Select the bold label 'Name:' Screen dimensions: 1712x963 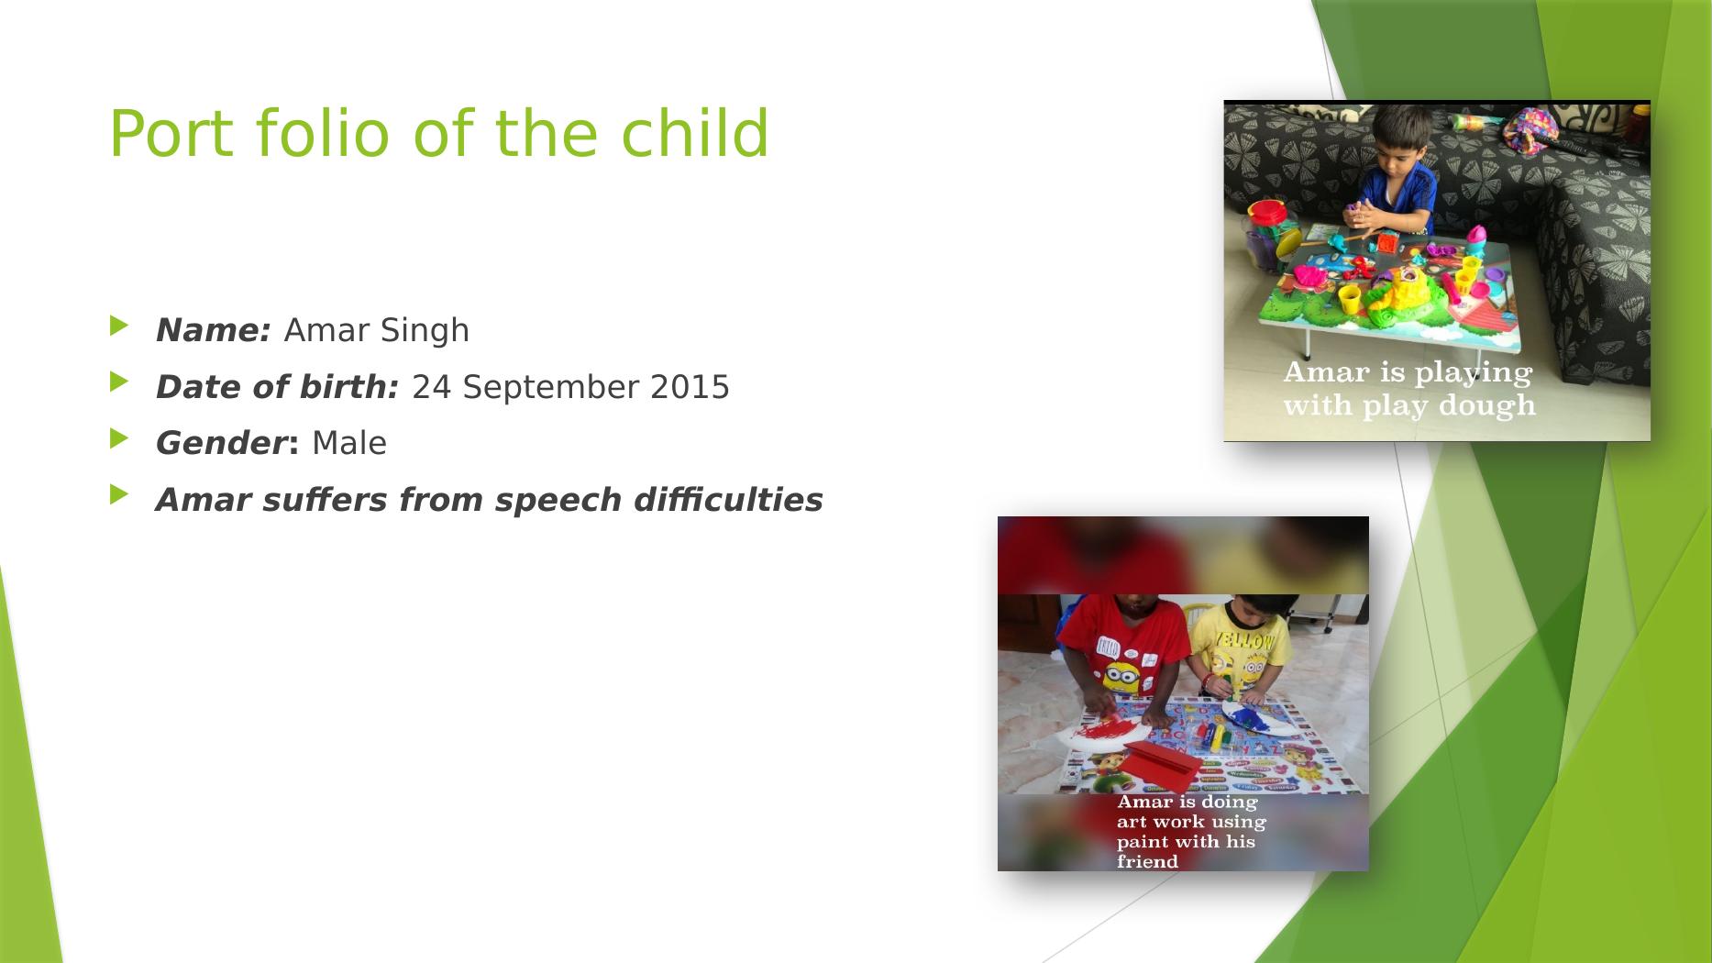coord(214,330)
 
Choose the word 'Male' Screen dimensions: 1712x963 coord(349,444)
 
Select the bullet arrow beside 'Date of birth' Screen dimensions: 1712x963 coord(116,382)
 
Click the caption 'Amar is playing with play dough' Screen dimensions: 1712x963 coord(1408,389)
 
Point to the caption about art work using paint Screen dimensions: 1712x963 coord(1190,832)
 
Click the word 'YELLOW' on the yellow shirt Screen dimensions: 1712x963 coord(1243,641)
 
